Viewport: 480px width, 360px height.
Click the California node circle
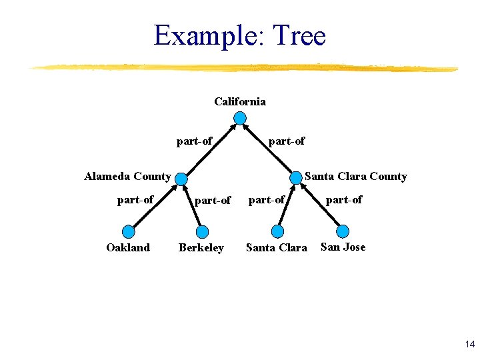point(240,117)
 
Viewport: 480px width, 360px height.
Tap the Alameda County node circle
point(181,178)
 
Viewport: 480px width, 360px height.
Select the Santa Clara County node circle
point(296,178)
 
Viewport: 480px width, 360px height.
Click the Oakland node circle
point(129,231)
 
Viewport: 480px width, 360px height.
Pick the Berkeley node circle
point(203,231)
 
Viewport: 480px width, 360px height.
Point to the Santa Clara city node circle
point(278,231)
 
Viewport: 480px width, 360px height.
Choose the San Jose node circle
point(342,231)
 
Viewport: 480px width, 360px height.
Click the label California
point(240,101)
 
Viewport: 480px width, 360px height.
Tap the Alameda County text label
point(127,176)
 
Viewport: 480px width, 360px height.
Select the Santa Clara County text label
point(355,176)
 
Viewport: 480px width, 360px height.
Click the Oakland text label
point(128,247)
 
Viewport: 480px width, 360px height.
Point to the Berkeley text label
point(201,247)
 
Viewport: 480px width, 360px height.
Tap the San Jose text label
point(343,247)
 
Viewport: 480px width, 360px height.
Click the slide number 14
point(469,345)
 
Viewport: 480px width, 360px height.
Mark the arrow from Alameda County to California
point(210,148)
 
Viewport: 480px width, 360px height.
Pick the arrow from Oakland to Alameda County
point(155,205)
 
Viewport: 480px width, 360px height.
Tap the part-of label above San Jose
point(344,199)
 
